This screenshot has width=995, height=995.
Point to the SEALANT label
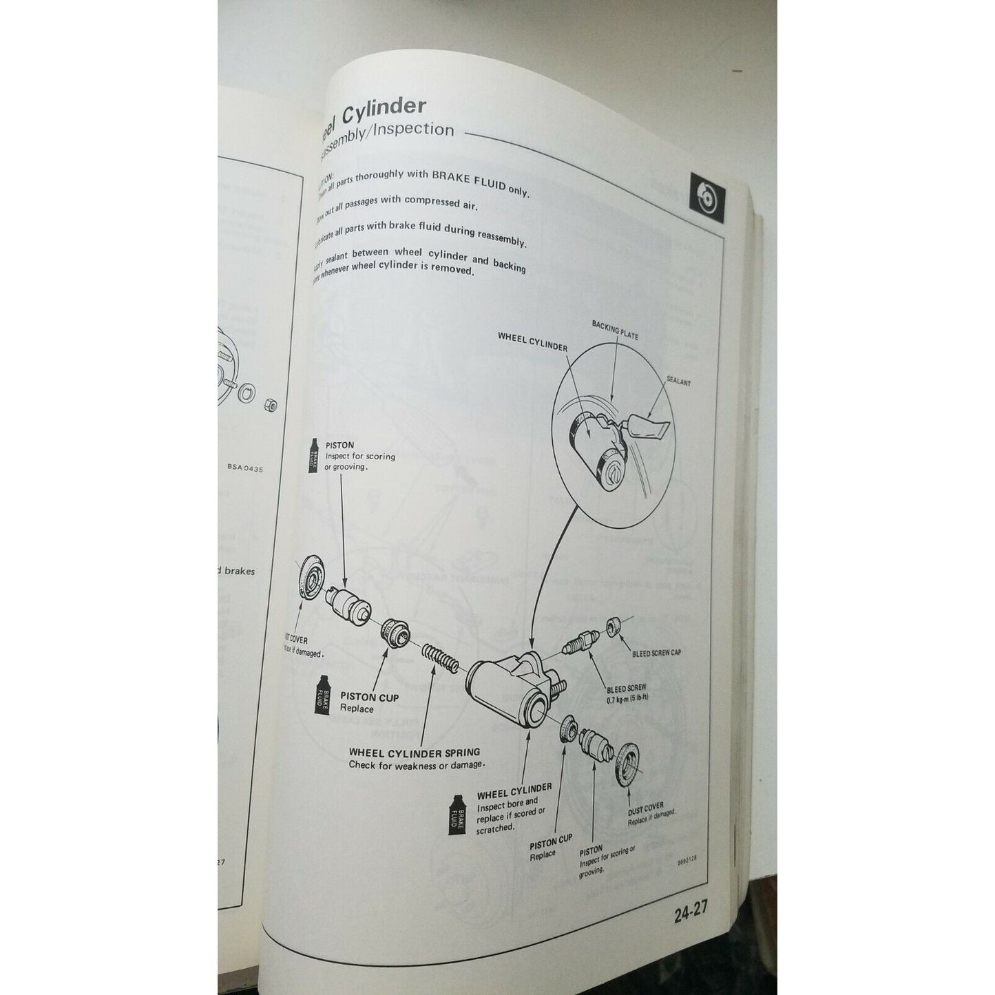tap(678, 382)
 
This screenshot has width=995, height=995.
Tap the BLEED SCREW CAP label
tap(656, 652)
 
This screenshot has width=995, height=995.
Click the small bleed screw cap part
tap(614, 627)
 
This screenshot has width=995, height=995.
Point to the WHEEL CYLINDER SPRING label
tap(415, 752)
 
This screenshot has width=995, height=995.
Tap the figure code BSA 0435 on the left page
tap(244, 468)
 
